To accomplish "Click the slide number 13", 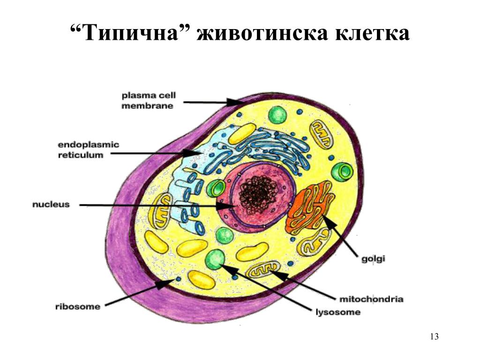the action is tap(435, 337).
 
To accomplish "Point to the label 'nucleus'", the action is tap(51, 204).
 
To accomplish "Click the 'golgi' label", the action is tap(373, 259).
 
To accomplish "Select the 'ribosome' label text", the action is tap(78, 307).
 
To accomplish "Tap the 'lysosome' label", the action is tap(338, 313).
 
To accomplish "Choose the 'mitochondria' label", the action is tap(371, 299).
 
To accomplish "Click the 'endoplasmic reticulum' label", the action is tap(89, 150).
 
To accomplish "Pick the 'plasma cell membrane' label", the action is tap(149, 100).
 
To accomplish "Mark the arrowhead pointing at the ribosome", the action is tap(165, 284).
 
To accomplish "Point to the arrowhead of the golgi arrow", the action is tap(328, 221).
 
